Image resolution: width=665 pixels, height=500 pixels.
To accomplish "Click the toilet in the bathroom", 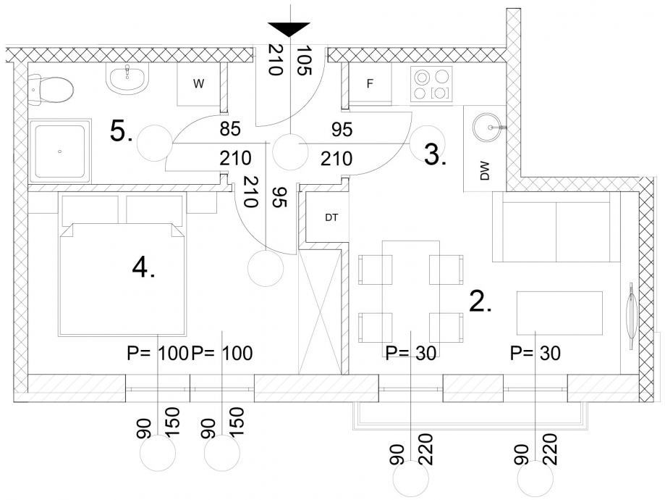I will coord(52,89).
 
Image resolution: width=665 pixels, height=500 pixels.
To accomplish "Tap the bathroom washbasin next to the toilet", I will coord(129,78).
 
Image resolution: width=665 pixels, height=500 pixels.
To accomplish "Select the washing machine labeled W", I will coord(198,84).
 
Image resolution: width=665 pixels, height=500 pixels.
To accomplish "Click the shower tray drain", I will coord(59,152).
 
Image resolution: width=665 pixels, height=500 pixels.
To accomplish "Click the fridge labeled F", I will coord(370,84).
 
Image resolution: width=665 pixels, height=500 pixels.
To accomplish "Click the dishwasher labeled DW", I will coord(485,172).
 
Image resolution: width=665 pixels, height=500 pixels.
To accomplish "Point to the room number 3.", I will coord(435,155).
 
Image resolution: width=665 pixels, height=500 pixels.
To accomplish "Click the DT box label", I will coord(331,217).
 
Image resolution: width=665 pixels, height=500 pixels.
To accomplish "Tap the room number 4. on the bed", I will coord(144,269).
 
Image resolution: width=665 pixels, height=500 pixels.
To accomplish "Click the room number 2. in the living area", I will coord(480,301).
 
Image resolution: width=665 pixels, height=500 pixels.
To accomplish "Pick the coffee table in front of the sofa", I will coord(560,312).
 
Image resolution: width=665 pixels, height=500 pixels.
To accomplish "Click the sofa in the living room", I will coord(556,227).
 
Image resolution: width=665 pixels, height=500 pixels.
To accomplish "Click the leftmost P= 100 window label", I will coord(157,353).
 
